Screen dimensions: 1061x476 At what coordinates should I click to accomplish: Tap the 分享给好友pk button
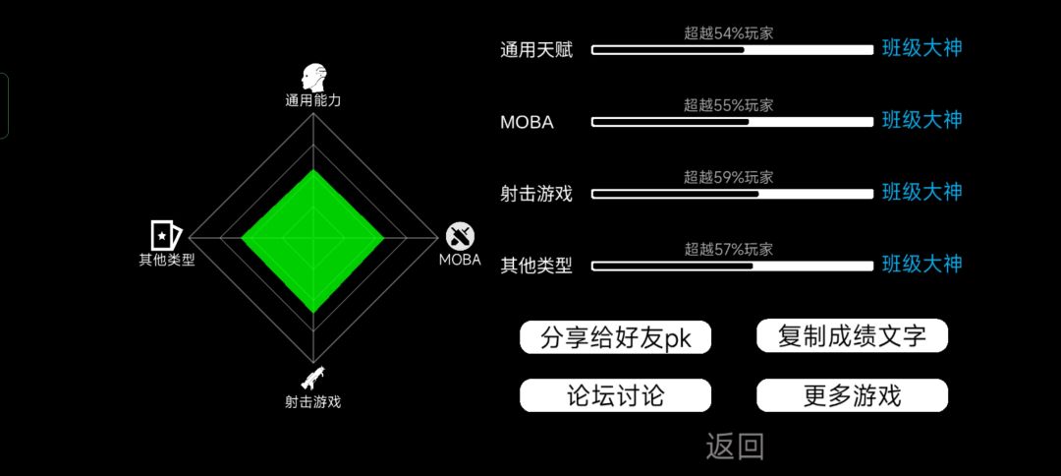point(615,336)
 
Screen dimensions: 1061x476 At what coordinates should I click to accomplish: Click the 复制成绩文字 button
point(852,335)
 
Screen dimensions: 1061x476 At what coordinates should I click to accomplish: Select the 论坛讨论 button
point(615,395)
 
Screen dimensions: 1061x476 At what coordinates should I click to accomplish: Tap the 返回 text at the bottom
point(735,446)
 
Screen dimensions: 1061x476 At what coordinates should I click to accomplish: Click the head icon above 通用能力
point(314,79)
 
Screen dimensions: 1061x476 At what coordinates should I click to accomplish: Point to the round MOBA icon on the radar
point(460,236)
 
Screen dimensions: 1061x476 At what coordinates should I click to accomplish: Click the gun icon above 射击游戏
point(312,377)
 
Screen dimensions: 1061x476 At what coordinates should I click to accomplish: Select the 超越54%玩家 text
point(728,33)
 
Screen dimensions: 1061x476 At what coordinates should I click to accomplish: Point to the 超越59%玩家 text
point(728,178)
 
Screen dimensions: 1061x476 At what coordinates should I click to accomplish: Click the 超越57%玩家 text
point(728,250)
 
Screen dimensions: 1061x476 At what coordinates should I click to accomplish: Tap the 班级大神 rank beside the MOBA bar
point(921,121)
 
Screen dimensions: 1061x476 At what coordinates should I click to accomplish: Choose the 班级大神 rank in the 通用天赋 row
point(921,48)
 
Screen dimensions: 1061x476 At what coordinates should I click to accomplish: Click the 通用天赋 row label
point(536,50)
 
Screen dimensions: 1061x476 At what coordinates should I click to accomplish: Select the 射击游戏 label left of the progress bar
point(536,195)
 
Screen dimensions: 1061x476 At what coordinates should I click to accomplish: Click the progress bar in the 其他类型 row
point(733,267)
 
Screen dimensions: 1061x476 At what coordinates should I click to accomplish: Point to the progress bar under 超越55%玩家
point(733,122)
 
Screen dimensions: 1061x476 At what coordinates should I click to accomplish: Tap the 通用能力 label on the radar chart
point(312,101)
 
